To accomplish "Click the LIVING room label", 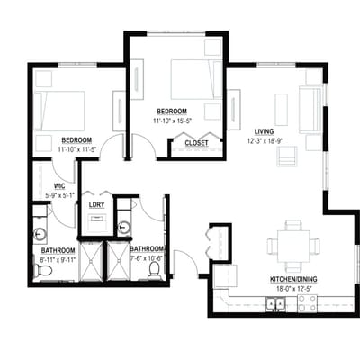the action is point(264,131).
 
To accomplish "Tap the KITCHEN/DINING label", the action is point(293,279).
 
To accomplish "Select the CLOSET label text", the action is point(196,143).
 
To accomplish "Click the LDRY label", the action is point(96,205).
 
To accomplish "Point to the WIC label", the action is point(59,186).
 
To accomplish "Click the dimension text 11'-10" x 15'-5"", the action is point(172,121).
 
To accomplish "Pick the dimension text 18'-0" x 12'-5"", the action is point(293,290).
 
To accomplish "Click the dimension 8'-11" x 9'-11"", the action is point(58,260).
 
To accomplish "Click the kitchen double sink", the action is point(275,304).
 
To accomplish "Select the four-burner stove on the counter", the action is point(307,303).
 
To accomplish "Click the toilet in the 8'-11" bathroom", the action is point(42,270).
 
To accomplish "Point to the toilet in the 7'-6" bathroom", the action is point(154,270).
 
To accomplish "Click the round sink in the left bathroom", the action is point(40,234).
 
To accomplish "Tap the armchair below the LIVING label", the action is point(287,156).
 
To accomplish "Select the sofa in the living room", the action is point(310,110).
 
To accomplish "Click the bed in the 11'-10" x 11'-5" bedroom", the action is point(59,111).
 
